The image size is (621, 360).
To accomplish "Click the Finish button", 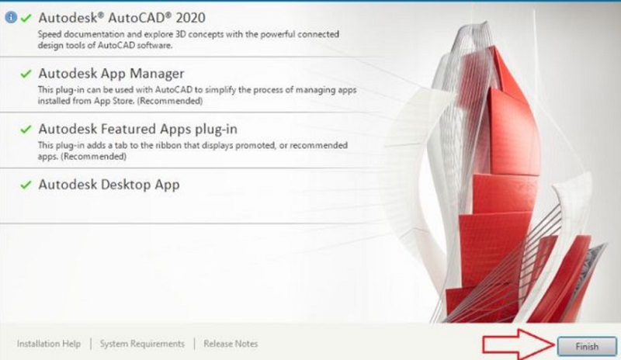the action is (x=587, y=347).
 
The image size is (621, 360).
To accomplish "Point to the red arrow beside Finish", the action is (x=519, y=344).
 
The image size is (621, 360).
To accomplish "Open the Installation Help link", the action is (x=49, y=344).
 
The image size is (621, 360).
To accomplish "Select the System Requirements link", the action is (x=142, y=344).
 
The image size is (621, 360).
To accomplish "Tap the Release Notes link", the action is (x=231, y=344).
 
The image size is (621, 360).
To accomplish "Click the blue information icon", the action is (x=11, y=17).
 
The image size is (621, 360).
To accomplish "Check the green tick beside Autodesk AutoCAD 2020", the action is (x=26, y=18).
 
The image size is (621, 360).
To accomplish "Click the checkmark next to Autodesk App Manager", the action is (x=26, y=74).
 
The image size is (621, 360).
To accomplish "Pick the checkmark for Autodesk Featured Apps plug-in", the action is (x=26, y=129).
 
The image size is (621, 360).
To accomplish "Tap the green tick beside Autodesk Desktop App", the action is (x=26, y=185).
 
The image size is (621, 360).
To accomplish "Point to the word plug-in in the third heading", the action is (x=216, y=130).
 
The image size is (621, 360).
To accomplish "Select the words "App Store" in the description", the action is (x=114, y=101).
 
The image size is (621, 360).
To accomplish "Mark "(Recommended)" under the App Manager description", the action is (x=170, y=101).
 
